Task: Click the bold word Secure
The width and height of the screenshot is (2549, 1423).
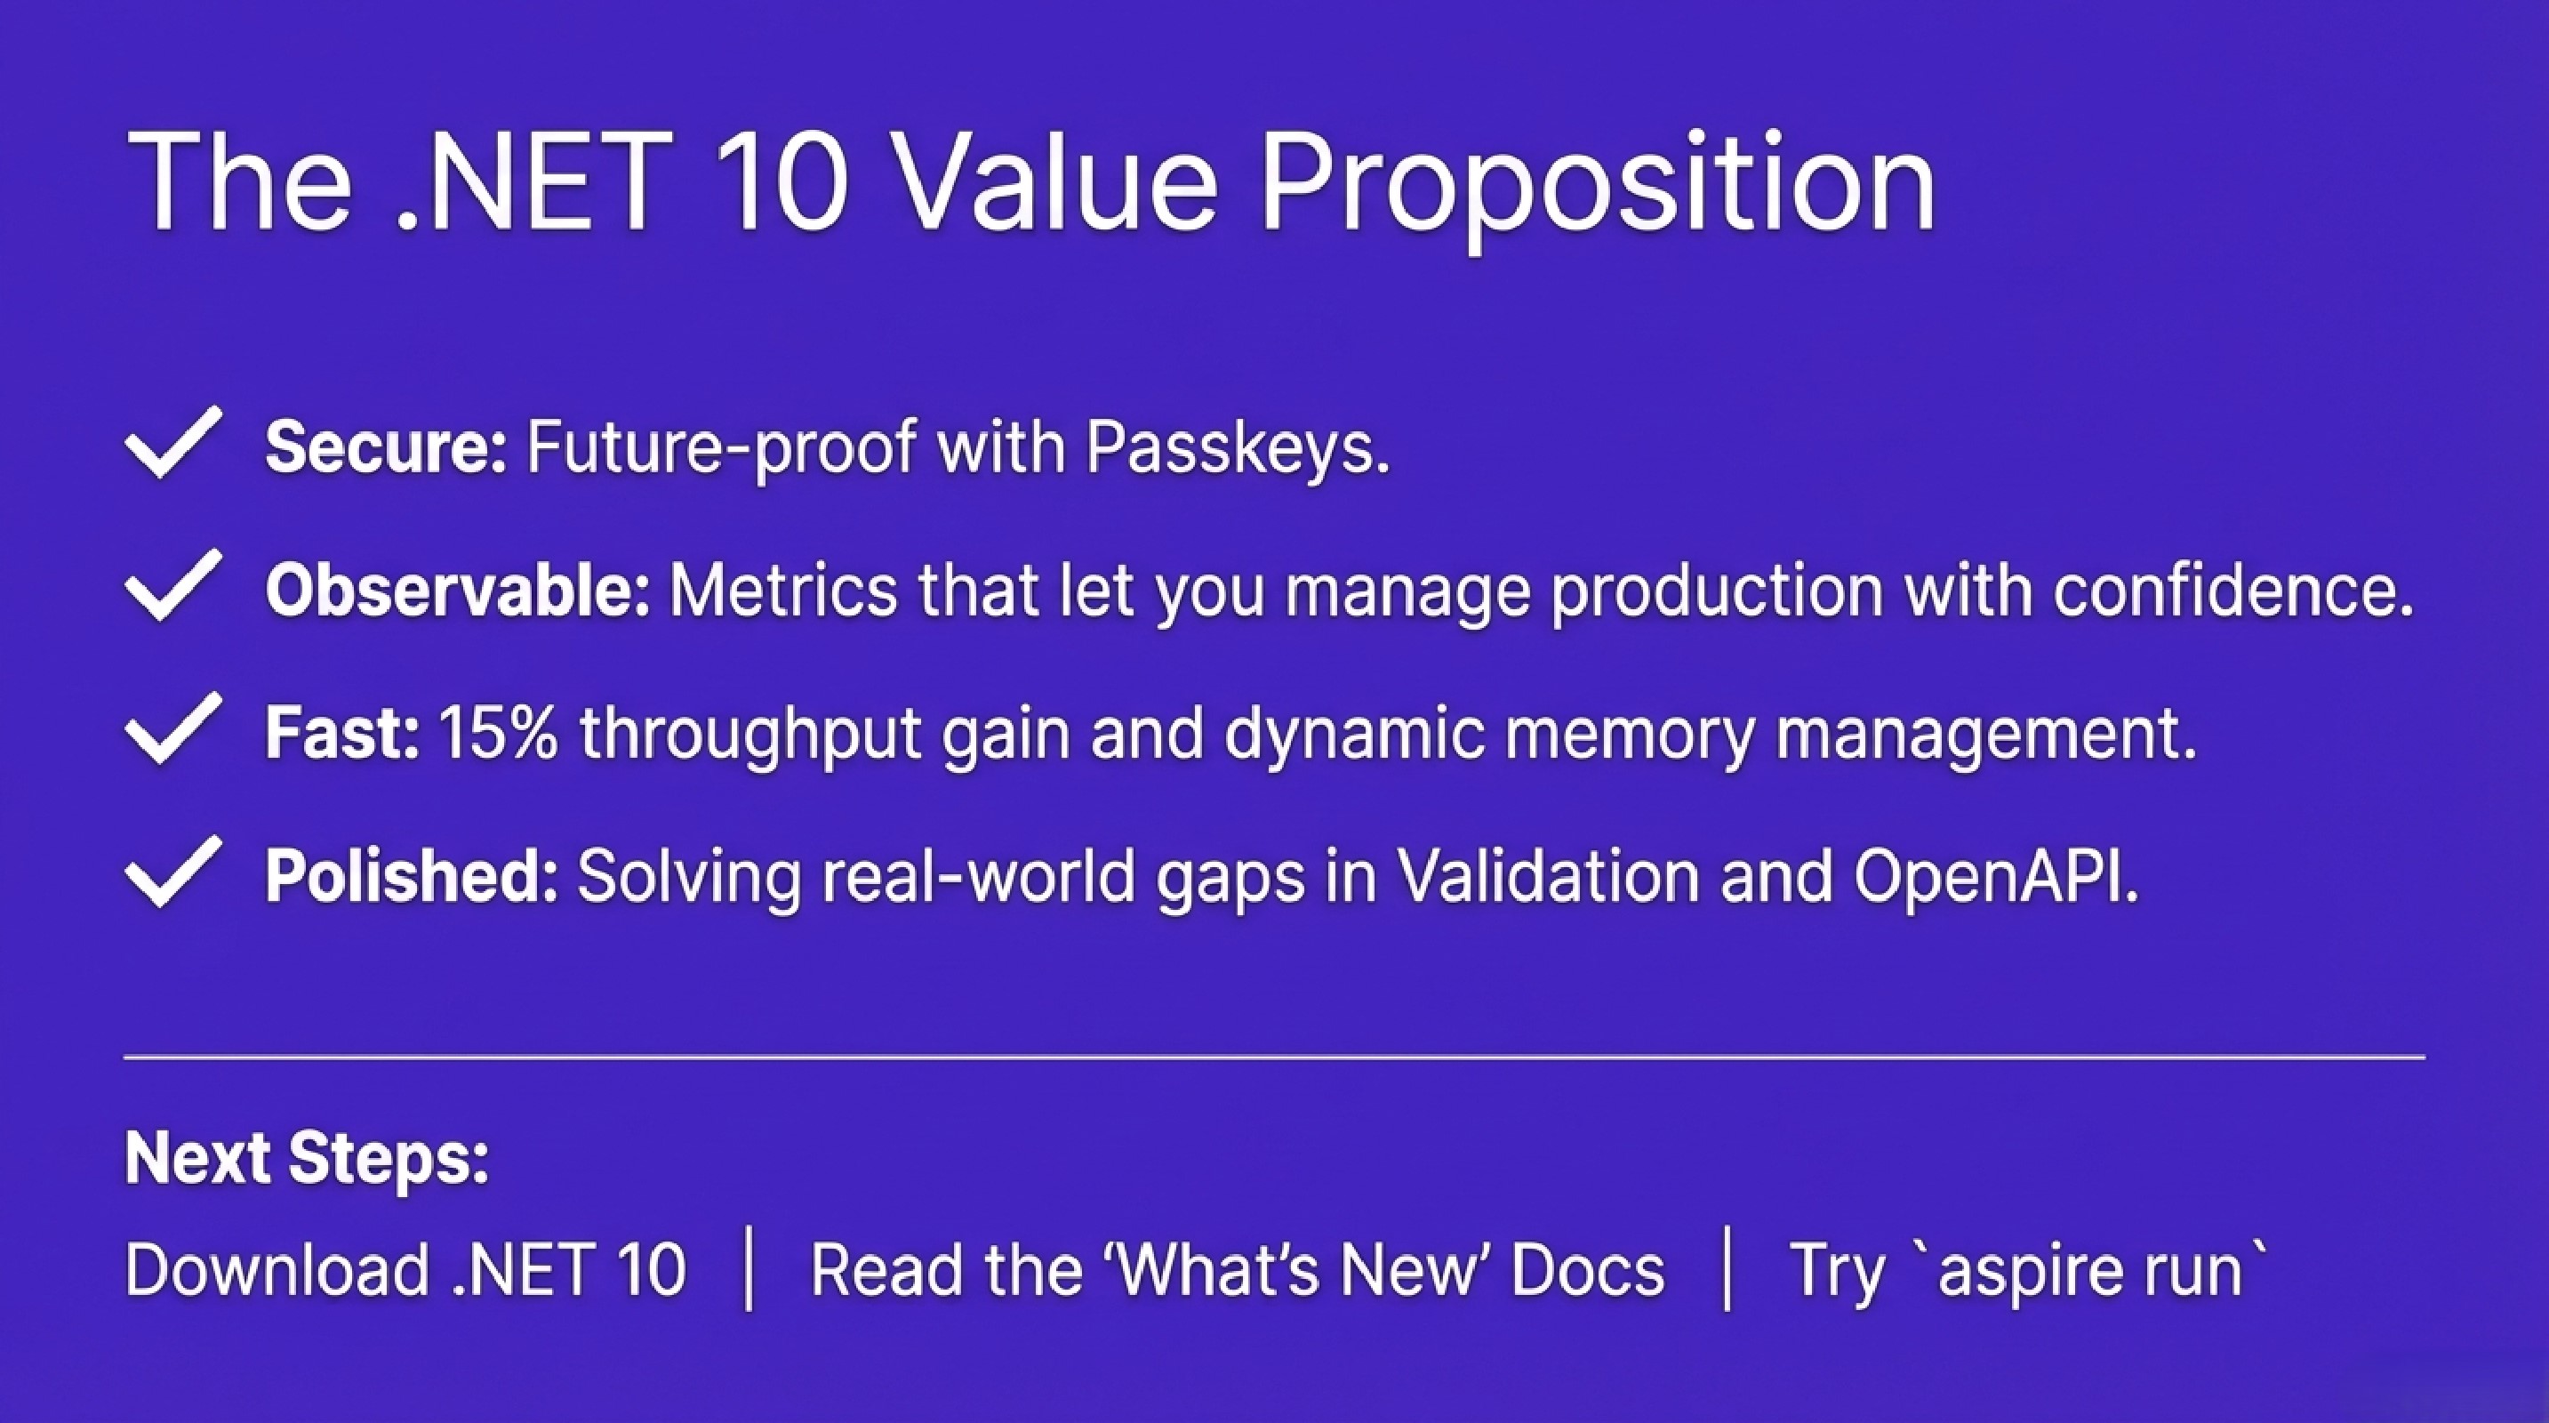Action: (386, 447)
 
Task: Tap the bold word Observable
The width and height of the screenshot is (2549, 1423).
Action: (457, 591)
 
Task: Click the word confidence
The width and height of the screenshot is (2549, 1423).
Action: (2232, 591)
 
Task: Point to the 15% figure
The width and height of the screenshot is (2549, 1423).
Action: (498, 733)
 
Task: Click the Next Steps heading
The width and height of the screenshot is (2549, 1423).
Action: (308, 1158)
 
